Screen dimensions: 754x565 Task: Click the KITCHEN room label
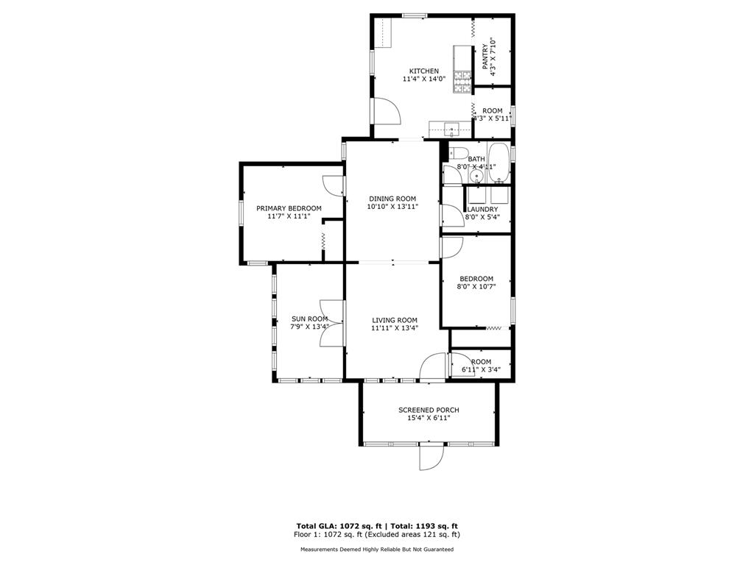423,71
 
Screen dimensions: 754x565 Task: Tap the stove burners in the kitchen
462,81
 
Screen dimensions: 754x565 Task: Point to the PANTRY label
485,56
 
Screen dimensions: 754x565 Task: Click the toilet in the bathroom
458,153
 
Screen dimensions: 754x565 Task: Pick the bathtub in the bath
499,163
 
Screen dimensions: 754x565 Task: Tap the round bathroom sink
477,177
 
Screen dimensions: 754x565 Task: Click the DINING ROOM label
392,199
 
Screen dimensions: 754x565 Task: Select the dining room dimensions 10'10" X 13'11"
392,207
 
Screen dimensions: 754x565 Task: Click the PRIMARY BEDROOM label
289,208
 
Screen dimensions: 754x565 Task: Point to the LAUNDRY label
482,210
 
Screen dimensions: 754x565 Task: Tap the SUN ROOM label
310,319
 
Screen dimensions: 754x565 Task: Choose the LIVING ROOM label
395,321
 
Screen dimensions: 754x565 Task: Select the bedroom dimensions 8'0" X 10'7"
476,287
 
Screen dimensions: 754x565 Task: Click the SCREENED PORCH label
429,411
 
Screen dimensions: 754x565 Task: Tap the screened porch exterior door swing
430,457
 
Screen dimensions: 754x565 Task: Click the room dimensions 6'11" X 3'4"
481,370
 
